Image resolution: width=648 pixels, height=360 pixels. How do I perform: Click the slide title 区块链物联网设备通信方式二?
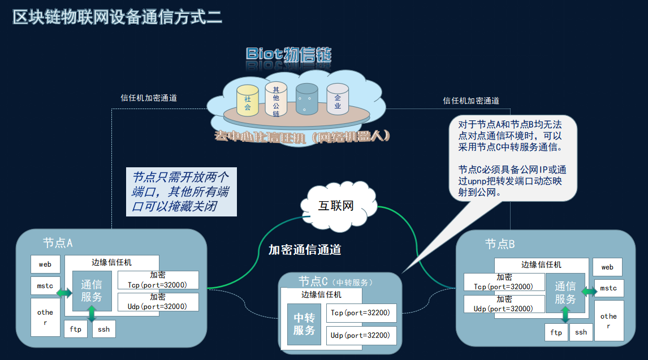[x=118, y=16]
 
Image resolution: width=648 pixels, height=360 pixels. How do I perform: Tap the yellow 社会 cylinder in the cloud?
[x=247, y=100]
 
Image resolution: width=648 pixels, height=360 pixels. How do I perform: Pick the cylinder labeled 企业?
[x=338, y=99]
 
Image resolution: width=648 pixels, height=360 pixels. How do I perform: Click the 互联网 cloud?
[x=336, y=205]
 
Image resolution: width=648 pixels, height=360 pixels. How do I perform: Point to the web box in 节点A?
[x=45, y=264]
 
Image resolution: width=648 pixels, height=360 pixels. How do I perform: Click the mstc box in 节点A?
[x=45, y=286]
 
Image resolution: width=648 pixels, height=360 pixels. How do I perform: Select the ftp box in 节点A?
[x=76, y=329]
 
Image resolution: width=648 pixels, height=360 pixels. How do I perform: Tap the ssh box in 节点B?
[x=581, y=332]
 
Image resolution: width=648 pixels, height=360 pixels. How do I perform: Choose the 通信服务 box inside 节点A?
[x=92, y=291]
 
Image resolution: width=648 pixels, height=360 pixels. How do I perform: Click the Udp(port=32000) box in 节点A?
[x=158, y=302]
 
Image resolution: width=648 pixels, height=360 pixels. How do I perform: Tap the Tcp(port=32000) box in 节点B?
[x=504, y=282]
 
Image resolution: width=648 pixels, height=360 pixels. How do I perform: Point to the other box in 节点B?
[x=608, y=320]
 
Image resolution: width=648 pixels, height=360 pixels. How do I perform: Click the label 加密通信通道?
[x=305, y=250]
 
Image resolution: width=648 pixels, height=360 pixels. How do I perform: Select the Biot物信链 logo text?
[x=288, y=54]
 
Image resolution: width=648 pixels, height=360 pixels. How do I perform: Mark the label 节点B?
[x=500, y=244]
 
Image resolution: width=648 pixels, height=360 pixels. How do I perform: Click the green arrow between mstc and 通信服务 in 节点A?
[x=64, y=293]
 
